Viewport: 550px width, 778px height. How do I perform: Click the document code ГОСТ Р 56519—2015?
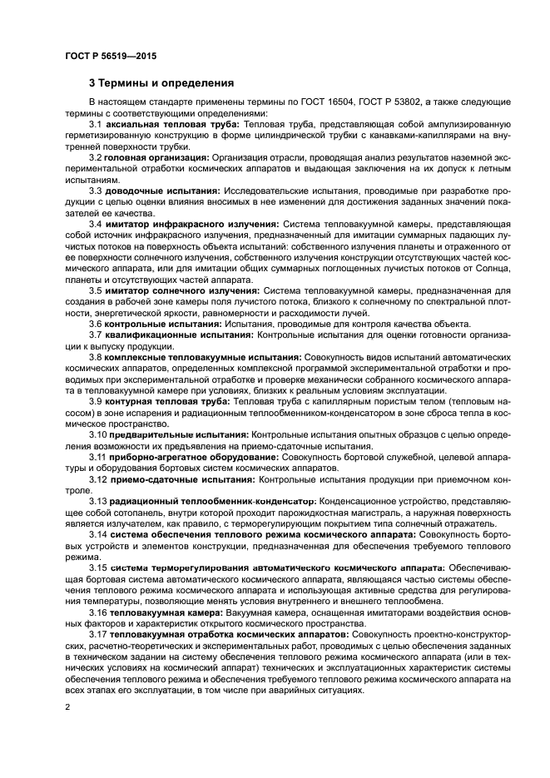110,57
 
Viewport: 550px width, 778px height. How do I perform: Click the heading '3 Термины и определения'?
161,82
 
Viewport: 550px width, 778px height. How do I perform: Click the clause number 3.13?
98,501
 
